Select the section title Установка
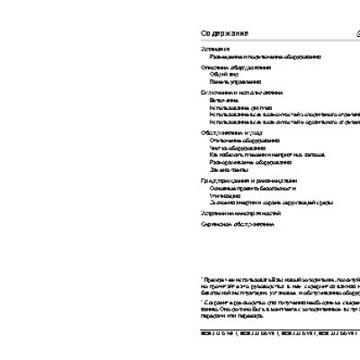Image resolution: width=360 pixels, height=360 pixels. [x=215, y=49]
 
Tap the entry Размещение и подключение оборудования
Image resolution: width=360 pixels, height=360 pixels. [x=260, y=56]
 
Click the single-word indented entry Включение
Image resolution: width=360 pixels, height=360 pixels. [x=222, y=100]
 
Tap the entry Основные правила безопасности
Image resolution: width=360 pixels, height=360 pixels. [x=253, y=186]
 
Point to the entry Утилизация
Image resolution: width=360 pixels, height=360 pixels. [x=223, y=193]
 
